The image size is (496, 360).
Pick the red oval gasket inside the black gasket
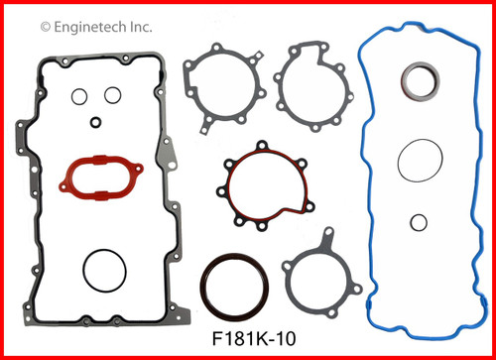tap(97, 175)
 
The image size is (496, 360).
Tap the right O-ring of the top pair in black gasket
tap(112, 96)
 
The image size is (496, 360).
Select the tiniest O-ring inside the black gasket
tap(95, 123)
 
